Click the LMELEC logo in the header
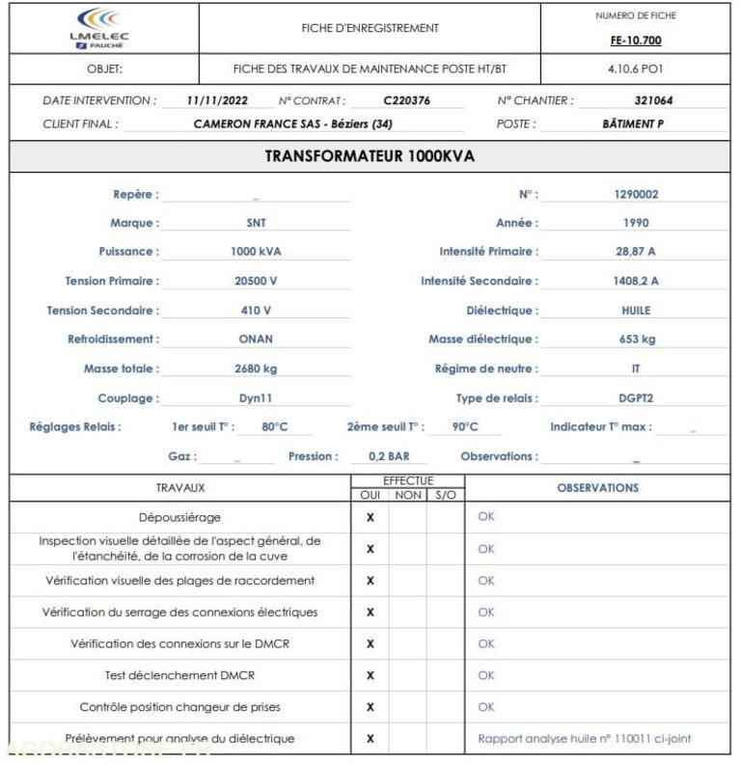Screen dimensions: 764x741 pos(99,28)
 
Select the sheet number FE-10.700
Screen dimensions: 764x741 pos(636,41)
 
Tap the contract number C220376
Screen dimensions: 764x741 pos(406,100)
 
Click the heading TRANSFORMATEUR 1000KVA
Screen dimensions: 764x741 pos(370,156)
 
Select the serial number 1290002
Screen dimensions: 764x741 pos(636,194)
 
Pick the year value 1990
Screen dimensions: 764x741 pos(636,223)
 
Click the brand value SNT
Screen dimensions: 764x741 pos(256,223)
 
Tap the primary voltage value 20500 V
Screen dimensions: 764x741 pos(256,281)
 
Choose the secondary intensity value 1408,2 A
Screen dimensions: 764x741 pos(636,281)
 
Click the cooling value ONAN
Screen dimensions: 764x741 pos(256,340)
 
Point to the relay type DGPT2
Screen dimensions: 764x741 pos(636,398)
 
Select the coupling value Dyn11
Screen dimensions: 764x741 pos(256,398)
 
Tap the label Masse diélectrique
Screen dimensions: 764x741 pos(482,340)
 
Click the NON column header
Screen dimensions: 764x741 pos(408,495)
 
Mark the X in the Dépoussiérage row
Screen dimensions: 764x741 pos(370,517)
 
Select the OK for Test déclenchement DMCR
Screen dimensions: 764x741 pos(486,675)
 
